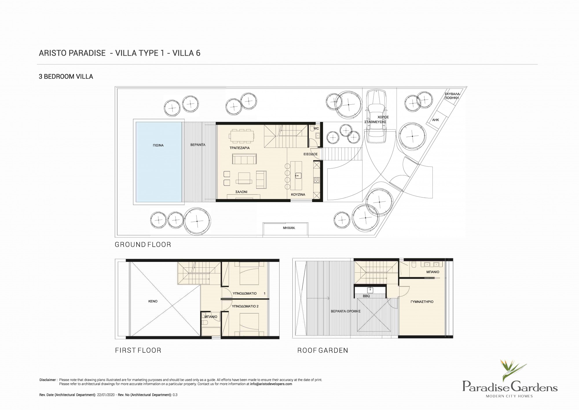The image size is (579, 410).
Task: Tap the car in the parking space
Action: [376, 116]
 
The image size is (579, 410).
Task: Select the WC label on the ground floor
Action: [316, 128]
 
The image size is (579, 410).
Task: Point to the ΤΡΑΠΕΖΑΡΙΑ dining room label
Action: [239, 148]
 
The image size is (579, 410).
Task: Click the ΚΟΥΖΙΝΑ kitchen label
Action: [298, 195]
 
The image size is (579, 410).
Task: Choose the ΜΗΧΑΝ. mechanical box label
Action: [289, 228]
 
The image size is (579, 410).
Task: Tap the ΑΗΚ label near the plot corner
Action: [435, 120]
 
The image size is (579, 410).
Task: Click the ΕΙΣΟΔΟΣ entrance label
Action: [310, 154]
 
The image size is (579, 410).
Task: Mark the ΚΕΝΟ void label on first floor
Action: [153, 301]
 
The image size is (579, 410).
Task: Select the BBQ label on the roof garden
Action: [366, 296]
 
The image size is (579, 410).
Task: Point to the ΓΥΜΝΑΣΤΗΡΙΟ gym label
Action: [422, 302]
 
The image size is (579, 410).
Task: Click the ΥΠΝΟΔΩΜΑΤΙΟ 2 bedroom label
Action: [245, 306]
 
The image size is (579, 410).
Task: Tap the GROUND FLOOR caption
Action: [143, 245]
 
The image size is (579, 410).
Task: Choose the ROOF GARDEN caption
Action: [323, 350]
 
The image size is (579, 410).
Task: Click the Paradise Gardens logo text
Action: [510, 387]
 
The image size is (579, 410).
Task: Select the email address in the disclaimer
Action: [271, 384]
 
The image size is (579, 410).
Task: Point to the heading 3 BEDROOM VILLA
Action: [66, 77]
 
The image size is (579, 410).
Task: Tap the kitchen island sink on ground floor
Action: [297, 175]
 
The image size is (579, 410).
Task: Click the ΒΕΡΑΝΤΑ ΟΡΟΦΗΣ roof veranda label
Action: [346, 311]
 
